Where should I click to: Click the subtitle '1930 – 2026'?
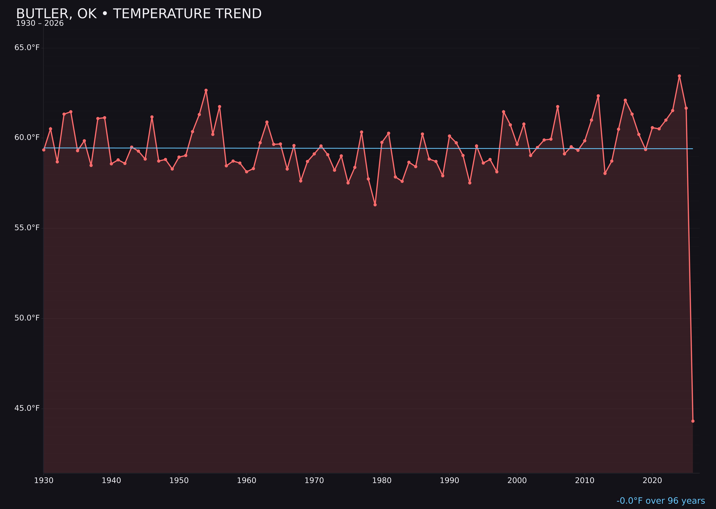40,23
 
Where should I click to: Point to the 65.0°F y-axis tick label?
27,48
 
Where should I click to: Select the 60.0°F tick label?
27,138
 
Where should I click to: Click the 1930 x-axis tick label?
43,481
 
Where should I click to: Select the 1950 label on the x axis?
179,481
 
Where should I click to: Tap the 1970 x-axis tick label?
314,481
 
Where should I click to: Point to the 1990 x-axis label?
449,481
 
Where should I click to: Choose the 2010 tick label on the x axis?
585,481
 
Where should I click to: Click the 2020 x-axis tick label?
652,481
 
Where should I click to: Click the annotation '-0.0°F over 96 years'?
661,501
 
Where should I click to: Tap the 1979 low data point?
375,205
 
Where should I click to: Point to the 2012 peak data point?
598,96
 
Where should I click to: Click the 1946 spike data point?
152,117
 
